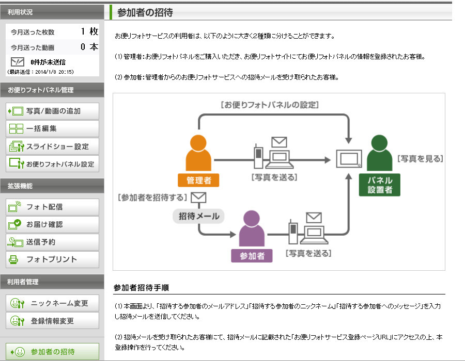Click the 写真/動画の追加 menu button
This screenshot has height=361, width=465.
pyautogui.click(x=53, y=111)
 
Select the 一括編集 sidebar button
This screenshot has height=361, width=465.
pyautogui.click(x=53, y=128)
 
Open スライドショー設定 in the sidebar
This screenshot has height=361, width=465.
pyautogui.click(x=53, y=146)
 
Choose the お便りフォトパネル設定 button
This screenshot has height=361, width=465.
pyautogui.click(x=53, y=163)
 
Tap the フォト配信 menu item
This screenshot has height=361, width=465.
pyautogui.click(x=53, y=207)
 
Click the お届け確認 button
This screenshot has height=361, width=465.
pyautogui.click(x=53, y=224)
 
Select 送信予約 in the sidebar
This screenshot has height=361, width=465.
pyautogui.click(x=53, y=242)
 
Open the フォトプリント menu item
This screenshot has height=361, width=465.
pyautogui.click(x=53, y=259)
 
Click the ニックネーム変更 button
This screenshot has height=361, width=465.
pyautogui.click(x=53, y=303)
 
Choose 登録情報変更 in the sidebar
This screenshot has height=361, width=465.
pyautogui.click(x=53, y=320)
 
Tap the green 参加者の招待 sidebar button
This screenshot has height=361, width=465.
pyautogui.click(x=53, y=352)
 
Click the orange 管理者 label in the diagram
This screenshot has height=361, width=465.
pyautogui.click(x=198, y=180)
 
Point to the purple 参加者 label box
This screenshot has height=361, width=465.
pyautogui.click(x=252, y=256)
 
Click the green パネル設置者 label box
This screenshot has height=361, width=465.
pyautogui.click(x=380, y=185)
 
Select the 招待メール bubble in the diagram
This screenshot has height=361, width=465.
pyautogui.click(x=199, y=216)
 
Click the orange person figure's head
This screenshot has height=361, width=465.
pyautogui.click(x=198, y=143)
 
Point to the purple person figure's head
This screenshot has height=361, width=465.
pyautogui.click(x=252, y=219)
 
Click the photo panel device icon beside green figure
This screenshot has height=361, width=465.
pyautogui.click(x=349, y=159)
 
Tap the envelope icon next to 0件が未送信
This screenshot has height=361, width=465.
pyautogui.click(x=18, y=62)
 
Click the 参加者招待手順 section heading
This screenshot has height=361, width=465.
pyautogui.click(x=141, y=288)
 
